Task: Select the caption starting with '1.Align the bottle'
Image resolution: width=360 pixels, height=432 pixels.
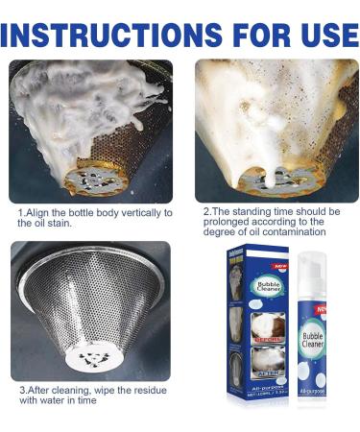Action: tap(94, 217)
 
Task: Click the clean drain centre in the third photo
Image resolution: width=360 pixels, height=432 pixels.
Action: tap(89, 355)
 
